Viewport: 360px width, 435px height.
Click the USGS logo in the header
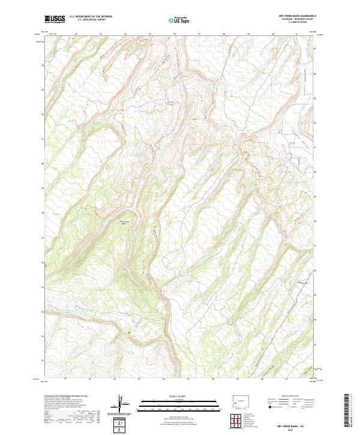[x=55, y=19]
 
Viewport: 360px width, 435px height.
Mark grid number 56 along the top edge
[x=174, y=34]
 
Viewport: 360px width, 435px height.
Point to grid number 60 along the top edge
[x=272, y=34]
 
